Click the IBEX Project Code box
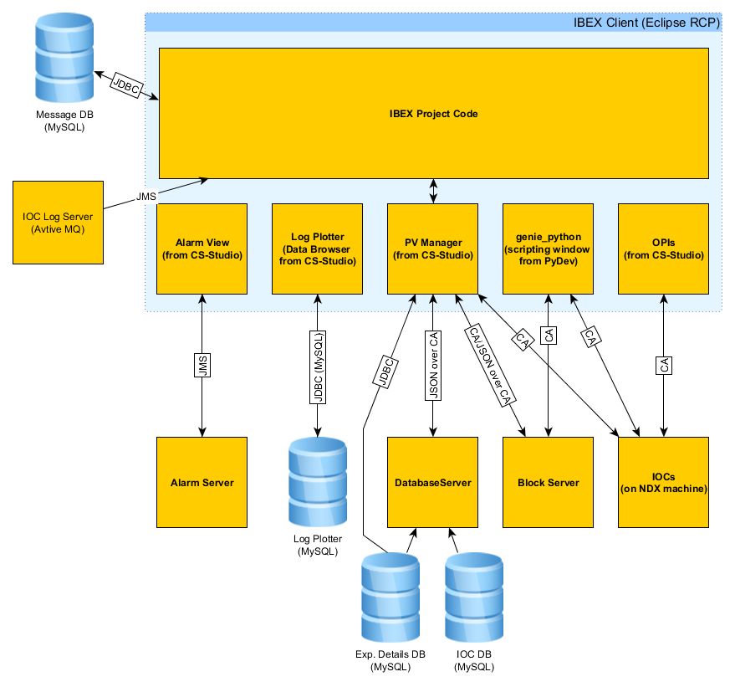pyautogui.click(x=433, y=112)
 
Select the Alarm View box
pyautogui.click(x=202, y=249)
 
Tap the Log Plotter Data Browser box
pyautogui.click(x=317, y=249)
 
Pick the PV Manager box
pyautogui.click(x=432, y=249)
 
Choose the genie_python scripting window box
pyautogui.click(x=548, y=249)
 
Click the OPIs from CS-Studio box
pyautogui.click(x=663, y=249)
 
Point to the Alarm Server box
pyautogui.click(x=202, y=482)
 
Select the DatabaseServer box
pyautogui.click(x=432, y=482)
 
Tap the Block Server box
pyautogui.click(x=548, y=482)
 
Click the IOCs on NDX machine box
pyautogui.click(x=663, y=482)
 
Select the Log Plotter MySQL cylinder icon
pyautogui.click(x=317, y=481)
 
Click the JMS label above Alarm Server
pyautogui.click(x=202, y=366)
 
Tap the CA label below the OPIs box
pyautogui.click(x=664, y=366)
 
